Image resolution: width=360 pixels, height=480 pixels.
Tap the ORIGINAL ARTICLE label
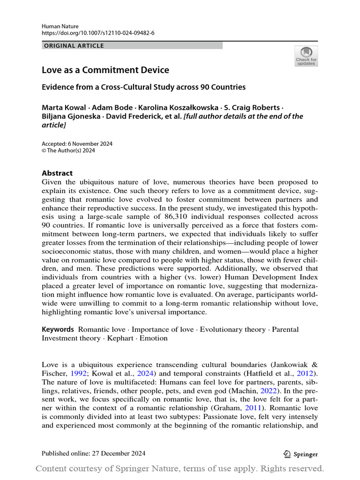point(74,45)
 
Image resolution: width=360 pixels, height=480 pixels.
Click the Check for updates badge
point(306,56)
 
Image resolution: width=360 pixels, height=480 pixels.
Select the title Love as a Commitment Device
point(105,70)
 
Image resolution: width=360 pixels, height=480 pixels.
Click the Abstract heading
point(57,173)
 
